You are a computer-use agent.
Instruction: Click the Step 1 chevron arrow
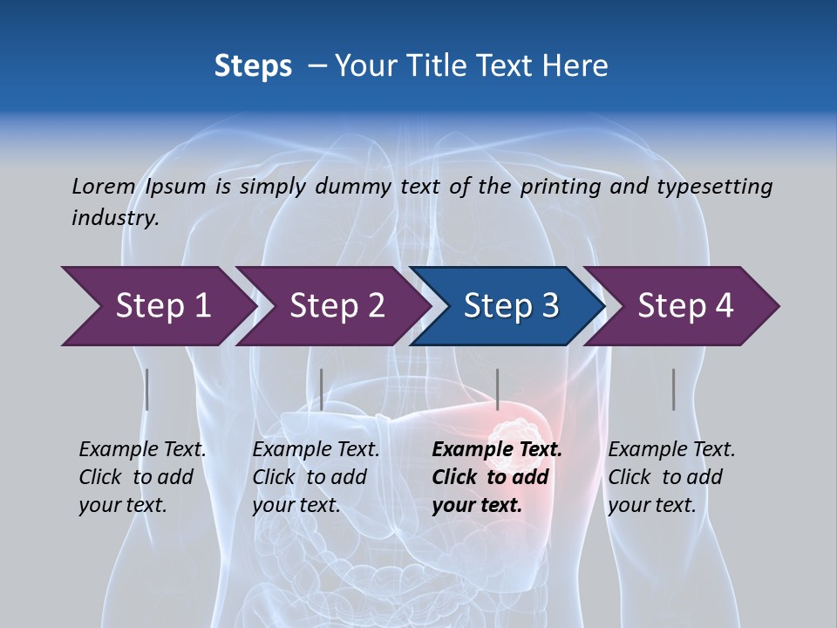point(157,306)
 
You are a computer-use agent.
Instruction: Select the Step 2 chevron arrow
point(332,306)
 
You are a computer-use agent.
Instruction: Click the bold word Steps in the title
point(253,66)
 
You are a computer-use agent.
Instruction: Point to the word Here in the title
point(575,66)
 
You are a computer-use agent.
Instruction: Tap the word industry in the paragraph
point(114,217)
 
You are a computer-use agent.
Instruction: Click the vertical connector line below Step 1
point(146,389)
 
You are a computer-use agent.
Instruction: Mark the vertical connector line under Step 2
point(322,389)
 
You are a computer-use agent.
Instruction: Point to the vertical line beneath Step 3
point(497,389)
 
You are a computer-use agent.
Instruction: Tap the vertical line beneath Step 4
point(673,389)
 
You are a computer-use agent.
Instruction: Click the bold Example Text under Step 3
point(497,449)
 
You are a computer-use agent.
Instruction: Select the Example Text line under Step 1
point(143,449)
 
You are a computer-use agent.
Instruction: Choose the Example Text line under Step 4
point(671,449)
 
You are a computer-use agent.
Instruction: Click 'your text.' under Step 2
point(296,504)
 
